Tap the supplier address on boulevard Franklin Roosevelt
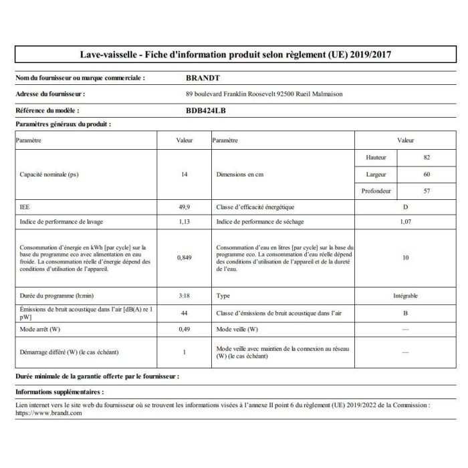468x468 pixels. (x=263, y=94)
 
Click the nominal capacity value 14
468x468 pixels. (x=184, y=174)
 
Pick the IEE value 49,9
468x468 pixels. (x=184, y=208)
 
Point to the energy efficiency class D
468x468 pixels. (x=406, y=208)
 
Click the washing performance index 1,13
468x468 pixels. (x=184, y=221)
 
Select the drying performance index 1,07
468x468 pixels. (x=406, y=221)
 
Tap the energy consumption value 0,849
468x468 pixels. (x=184, y=257)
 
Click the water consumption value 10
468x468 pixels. (x=406, y=257)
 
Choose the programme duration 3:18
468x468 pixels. (x=184, y=295)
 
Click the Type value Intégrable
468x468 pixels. (x=406, y=295)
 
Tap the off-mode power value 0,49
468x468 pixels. (x=184, y=330)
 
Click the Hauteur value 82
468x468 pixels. (x=426, y=157)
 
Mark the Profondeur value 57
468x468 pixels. (x=426, y=191)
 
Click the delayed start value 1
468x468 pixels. (x=184, y=352)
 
